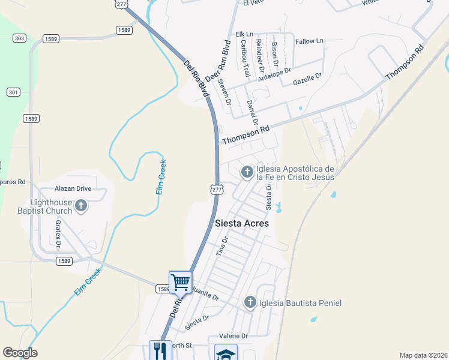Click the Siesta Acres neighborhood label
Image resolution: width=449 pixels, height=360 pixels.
pos(242,223)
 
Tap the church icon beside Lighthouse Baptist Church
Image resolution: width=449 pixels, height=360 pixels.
pos(81,207)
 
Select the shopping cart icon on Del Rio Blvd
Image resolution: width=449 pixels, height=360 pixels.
pos(181,282)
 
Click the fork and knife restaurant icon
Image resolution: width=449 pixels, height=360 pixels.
pos(160,351)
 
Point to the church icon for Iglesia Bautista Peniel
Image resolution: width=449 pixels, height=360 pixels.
pos(250,303)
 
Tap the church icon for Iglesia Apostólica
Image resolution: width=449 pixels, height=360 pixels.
pos(247,173)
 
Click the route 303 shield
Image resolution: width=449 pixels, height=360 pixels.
pos(19,38)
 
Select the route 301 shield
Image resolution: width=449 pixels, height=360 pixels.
pos(13,92)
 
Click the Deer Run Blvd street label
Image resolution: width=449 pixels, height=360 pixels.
pos(218,61)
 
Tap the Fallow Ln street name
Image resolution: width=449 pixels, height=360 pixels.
pos(310,41)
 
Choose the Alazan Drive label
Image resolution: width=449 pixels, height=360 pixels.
pos(73,188)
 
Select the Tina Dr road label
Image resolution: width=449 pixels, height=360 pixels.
pos(221,247)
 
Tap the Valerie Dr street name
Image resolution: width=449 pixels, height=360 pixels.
pos(234,336)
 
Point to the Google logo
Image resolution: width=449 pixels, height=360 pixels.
pos(20,353)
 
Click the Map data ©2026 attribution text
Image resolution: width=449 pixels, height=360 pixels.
pos(423,355)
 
